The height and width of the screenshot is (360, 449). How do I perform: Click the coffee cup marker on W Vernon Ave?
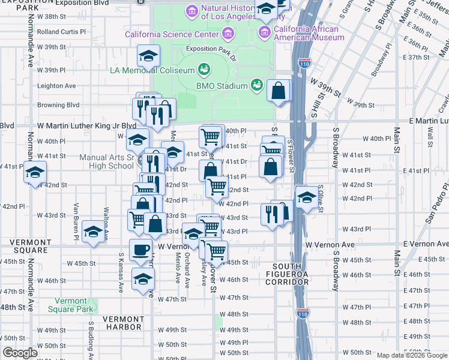coord(141,250)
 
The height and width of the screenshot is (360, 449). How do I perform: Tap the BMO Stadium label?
coord(221,86)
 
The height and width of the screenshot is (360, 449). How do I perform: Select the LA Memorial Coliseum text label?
coord(152,70)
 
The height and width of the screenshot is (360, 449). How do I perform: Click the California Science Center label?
coord(163,34)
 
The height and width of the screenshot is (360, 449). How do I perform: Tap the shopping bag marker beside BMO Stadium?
coord(279,91)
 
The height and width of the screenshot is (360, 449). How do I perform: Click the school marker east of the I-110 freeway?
coord(307,197)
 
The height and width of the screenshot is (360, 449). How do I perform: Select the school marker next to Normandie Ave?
coord(35,173)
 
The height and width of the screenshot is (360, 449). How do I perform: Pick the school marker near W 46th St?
coord(143,279)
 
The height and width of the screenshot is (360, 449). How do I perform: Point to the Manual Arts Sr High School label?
coord(107,162)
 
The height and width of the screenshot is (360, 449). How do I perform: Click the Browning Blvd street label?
coord(58,104)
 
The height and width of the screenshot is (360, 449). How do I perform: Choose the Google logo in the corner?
coord(20,353)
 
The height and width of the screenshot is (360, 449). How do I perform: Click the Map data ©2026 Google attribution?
coord(411,355)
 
